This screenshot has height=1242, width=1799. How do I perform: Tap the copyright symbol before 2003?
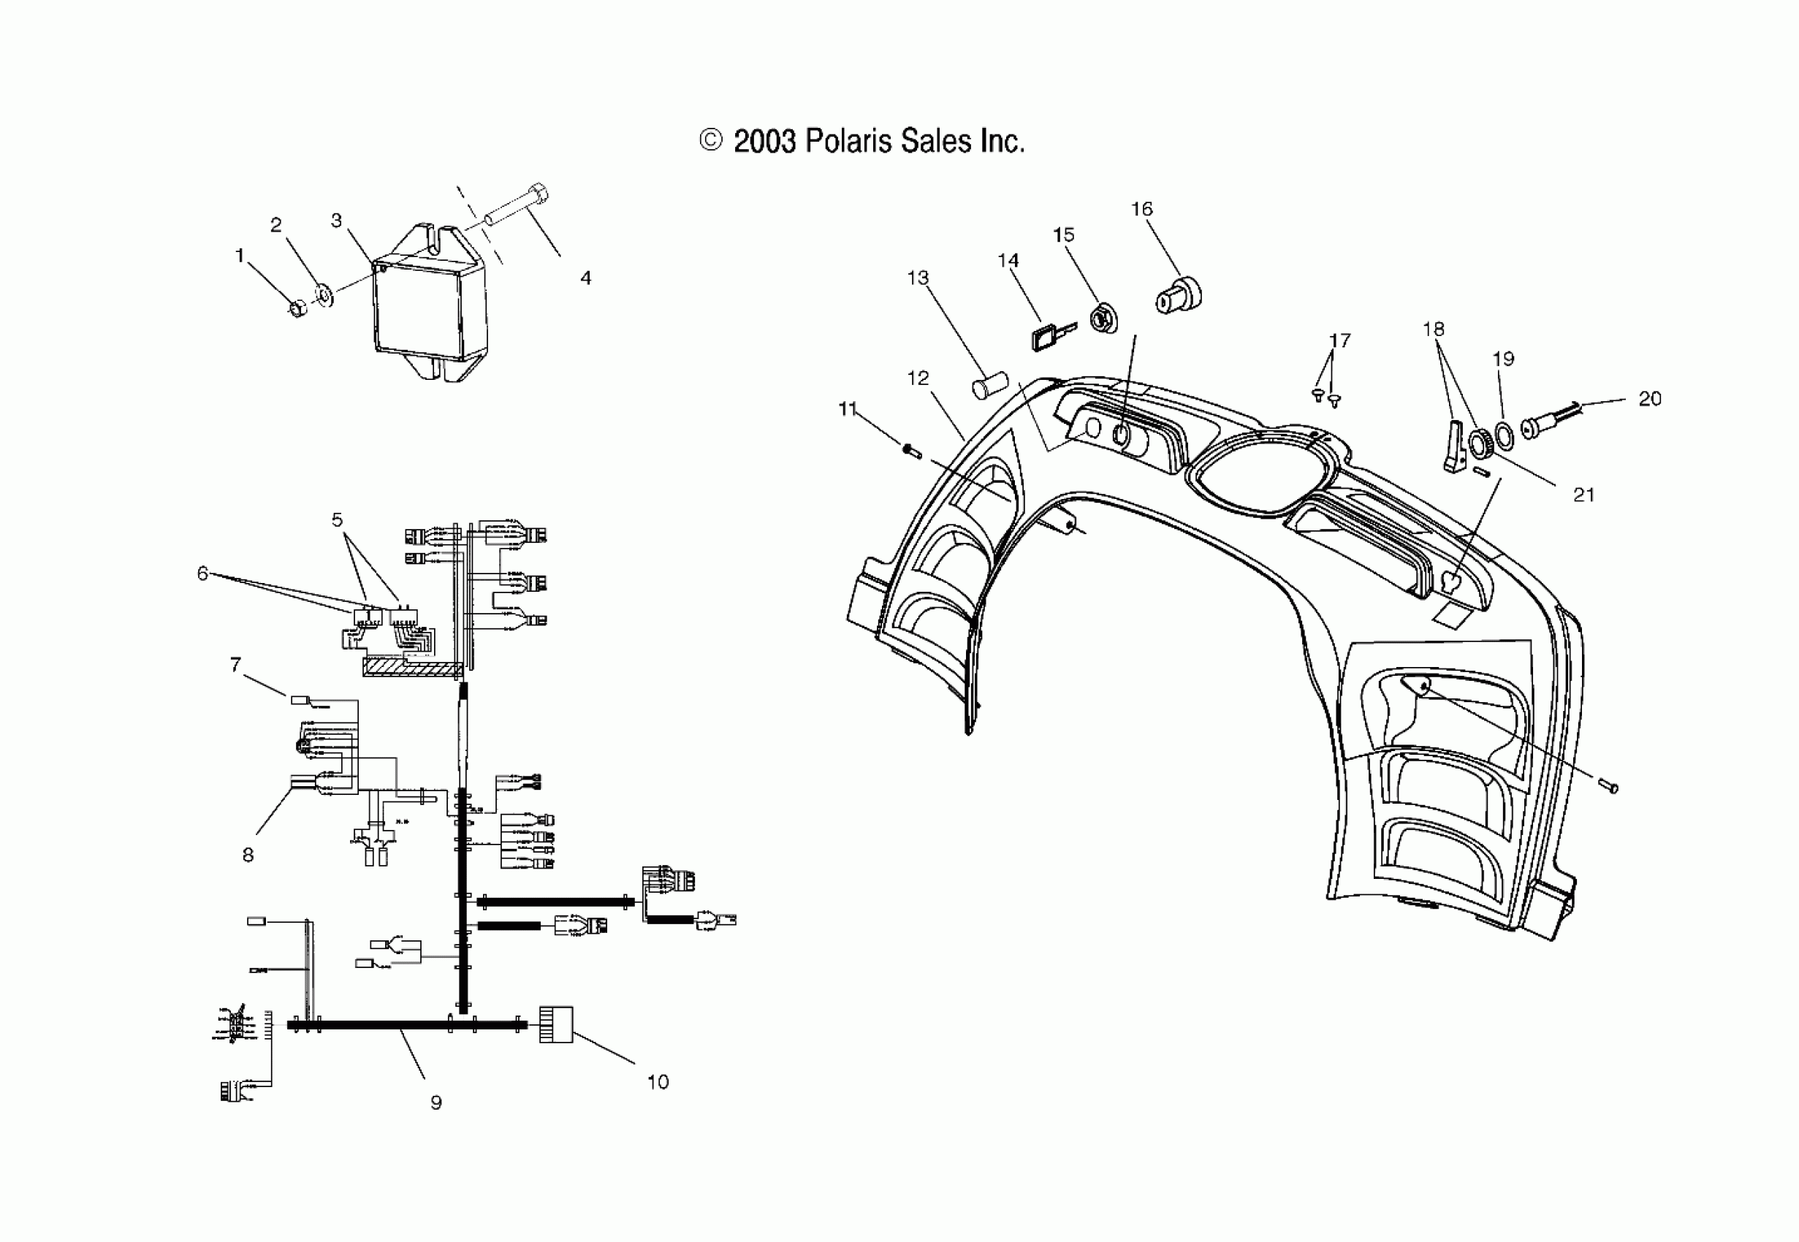pos(710,141)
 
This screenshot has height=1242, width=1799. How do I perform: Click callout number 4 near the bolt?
pos(586,278)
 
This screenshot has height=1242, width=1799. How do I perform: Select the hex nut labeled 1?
pos(298,309)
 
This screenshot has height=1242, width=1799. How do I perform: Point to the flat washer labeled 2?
pos(324,295)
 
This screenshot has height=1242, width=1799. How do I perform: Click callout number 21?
pos(1583,495)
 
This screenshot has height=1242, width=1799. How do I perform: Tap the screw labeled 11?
pos(912,449)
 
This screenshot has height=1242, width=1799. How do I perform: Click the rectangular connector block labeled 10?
pos(556,1025)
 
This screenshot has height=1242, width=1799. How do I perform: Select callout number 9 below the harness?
pos(436,1102)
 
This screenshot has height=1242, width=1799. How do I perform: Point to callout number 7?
pos(235,665)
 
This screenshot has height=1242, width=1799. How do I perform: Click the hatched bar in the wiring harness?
pos(411,667)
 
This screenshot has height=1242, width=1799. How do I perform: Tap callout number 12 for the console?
pos(918,378)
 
